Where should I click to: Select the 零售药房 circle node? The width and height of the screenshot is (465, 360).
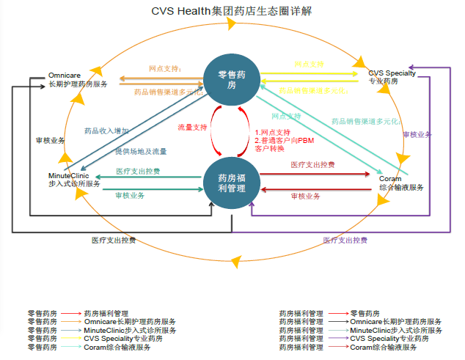click(x=232, y=81)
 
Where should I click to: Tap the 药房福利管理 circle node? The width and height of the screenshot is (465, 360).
click(x=232, y=183)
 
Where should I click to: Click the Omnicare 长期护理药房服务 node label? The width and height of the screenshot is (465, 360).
click(x=77, y=80)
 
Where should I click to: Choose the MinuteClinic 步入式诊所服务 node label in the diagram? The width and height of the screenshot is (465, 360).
click(x=73, y=180)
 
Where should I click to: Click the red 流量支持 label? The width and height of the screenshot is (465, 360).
click(x=192, y=128)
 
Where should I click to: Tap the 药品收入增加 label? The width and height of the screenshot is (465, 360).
click(x=106, y=131)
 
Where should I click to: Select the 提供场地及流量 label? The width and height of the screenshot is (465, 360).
click(x=141, y=151)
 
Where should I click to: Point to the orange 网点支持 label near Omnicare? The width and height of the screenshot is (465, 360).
click(x=165, y=68)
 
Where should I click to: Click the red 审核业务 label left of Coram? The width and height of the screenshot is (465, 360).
click(x=305, y=196)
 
